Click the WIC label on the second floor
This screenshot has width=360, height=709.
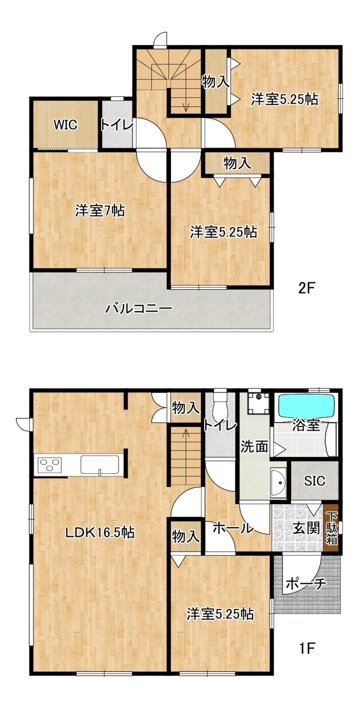[65, 125]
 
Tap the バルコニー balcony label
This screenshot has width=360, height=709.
[139, 308]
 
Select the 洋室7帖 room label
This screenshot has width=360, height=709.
[100, 211]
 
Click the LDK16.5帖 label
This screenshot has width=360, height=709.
[100, 532]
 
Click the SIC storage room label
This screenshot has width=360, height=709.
[314, 480]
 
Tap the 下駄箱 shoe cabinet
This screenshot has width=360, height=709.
[331, 529]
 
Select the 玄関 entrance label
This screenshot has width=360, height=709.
[305, 528]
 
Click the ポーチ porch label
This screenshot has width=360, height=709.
[305, 583]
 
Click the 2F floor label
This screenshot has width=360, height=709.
[306, 288]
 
